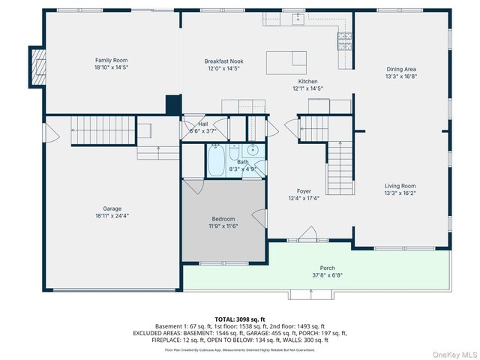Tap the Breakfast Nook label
point(223,61)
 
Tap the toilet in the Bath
point(234,151)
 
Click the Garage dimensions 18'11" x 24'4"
point(112,216)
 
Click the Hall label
point(203,124)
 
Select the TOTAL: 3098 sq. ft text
point(240,319)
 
